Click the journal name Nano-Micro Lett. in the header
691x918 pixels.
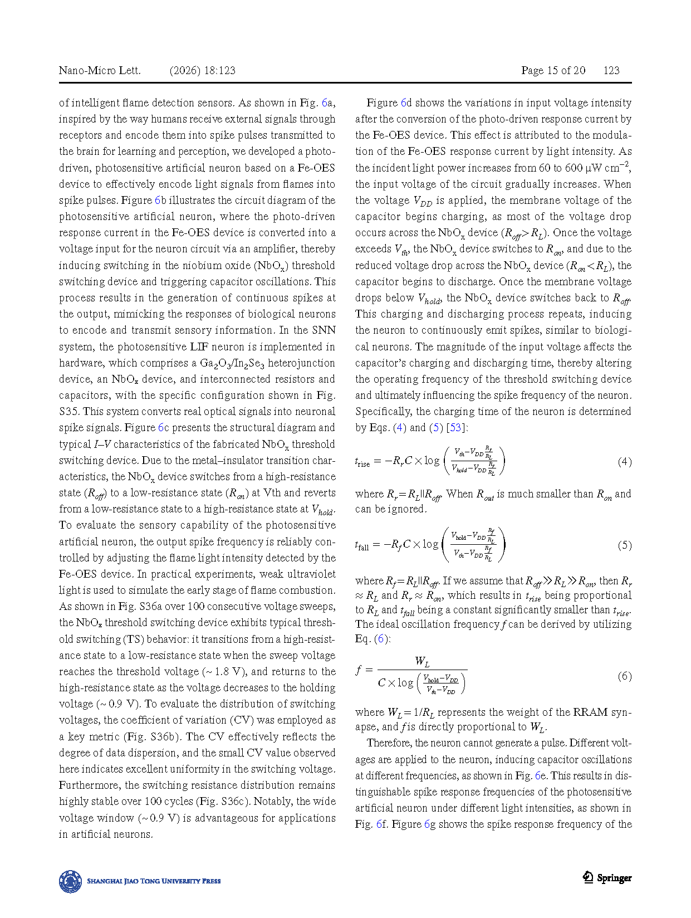[x=100, y=70]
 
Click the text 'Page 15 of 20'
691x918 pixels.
[x=553, y=70]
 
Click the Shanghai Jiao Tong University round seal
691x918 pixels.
[x=71, y=881]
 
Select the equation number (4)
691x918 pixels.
[x=624, y=462]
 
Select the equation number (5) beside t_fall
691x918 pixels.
[x=624, y=545]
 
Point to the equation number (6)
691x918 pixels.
[x=624, y=676]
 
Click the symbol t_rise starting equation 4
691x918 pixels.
[x=362, y=462]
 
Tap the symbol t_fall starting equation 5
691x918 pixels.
[x=362, y=545]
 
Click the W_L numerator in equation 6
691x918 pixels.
[x=422, y=662]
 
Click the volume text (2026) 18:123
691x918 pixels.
[x=202, y=70]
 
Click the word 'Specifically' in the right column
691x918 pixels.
[x=384, y=412]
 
